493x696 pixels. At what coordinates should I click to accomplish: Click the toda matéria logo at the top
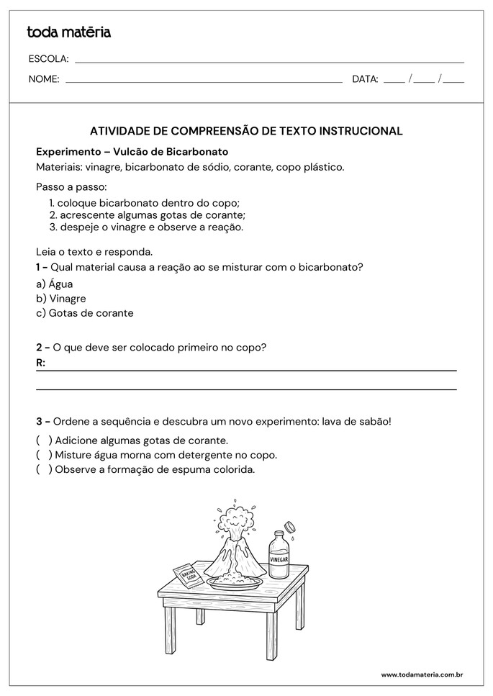coord(68,32)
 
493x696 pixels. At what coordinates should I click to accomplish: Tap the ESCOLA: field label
coord(48,58)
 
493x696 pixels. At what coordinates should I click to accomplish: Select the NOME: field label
coord(44,79)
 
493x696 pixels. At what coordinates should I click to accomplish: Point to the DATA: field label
coord(365,79)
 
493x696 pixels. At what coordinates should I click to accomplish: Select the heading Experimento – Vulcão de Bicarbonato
coord(132,152)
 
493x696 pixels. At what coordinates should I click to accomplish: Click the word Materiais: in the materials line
coord(59,167)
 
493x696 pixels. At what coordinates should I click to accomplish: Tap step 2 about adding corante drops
coord(148,214)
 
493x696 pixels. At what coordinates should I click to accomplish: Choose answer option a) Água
coord(55,284)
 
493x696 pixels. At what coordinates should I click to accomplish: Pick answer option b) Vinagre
coord(61,298)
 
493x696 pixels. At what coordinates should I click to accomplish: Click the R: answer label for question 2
coord(40,363)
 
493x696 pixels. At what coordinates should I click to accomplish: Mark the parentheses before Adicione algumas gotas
coord(44,440)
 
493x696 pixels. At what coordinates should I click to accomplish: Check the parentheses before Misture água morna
coord(44,455)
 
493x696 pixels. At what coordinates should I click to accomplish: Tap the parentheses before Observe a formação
coord(44,470)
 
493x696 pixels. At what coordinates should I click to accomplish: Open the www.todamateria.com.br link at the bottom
coord(421,674)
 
